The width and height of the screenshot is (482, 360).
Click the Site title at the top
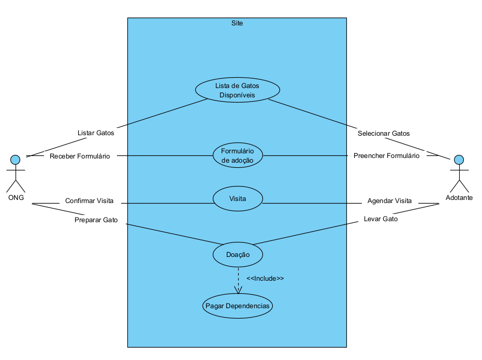(x=237, y=23)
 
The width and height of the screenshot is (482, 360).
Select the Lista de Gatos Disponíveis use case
(x=237, y=90)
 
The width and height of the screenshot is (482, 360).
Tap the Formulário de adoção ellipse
(x=238, y=155)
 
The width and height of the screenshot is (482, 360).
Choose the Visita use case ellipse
(x=238, y=198)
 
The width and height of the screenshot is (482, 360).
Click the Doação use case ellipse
(x=238, y=255)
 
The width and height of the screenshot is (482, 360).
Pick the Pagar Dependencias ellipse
(x=238, y=306)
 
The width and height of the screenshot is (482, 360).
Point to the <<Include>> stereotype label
(x=265, y=278)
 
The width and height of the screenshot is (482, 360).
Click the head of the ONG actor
(x=16, y=159)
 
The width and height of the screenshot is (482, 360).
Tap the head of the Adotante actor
(x=458, y=159)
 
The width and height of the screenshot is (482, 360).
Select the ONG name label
(x=16, y=197)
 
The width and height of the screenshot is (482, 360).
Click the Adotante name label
(x=459, y=198)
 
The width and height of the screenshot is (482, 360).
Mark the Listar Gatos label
(x=96, y=133)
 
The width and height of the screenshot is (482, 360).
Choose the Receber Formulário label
(x=80, y=156)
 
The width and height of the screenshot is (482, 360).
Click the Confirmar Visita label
(x=89, y=201)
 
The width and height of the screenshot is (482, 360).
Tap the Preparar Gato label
(x=96, y=220)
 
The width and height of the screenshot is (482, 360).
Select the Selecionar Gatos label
(x=384, y=133)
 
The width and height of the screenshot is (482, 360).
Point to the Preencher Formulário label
(x=386, y=155)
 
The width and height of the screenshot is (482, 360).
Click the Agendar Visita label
(x=389, y=201)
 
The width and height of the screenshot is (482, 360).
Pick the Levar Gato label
(x=381, y=219)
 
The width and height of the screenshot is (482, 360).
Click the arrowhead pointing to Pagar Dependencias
(x=238, y=290)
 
